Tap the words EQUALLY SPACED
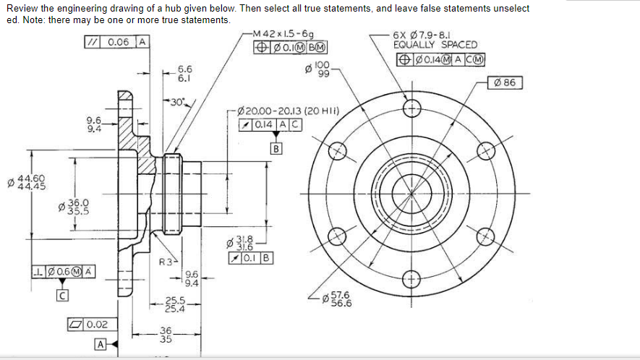(425, 45)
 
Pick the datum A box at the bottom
(99, 344)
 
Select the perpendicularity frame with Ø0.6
(63, 272)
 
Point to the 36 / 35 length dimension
(166, 335)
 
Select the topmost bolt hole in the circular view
(411, 108)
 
